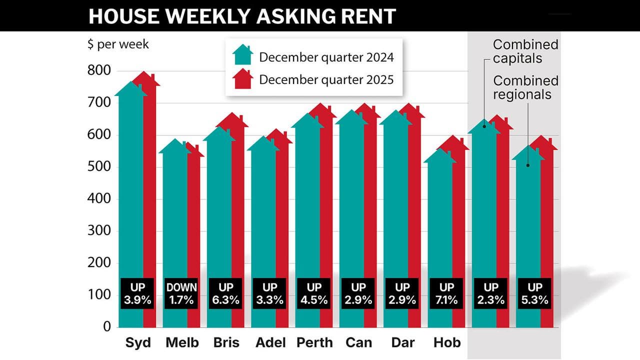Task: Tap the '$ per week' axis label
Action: pos(118,44)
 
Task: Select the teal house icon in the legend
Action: pos(243,55)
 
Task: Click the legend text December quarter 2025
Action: pos(326,79)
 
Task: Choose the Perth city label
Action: pos(314,343)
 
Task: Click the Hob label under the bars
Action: pos(446,343)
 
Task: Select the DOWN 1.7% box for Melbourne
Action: pos(182,294)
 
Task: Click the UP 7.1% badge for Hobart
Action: pos(446,294)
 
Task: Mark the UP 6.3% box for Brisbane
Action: pos(226,294)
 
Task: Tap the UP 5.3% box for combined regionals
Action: pos(534,294)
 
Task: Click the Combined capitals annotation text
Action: pos(525,51)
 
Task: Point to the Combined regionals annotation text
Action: pos(525,87)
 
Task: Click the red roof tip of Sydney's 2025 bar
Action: pos(145,73)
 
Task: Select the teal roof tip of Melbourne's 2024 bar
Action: pos(175,140)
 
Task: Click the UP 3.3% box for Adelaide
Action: pos(270,294)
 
